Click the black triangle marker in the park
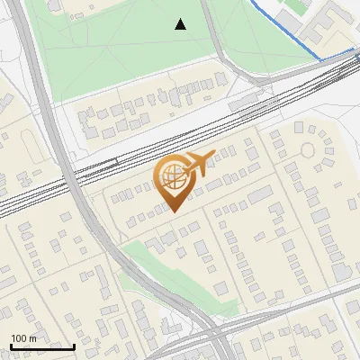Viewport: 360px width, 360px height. coord(181,24)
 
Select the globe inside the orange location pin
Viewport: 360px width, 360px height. coord(172,176)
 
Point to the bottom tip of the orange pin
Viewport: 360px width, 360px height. coord(173,212)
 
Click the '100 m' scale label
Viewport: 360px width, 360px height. coord(24,338)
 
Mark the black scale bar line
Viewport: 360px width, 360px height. coord(42,346)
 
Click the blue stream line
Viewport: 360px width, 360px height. coord(288,36)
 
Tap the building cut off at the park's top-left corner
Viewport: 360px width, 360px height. coord(53,4)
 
